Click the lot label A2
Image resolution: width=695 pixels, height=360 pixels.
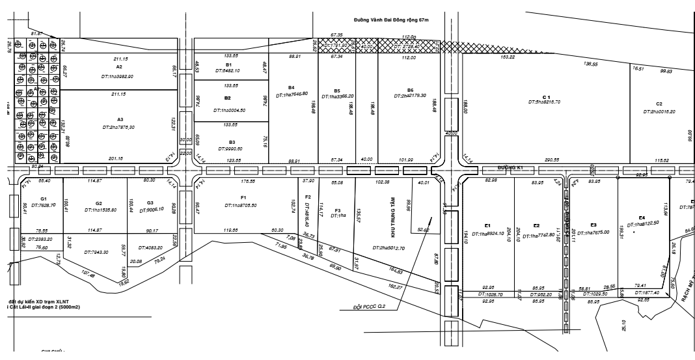[119, 67]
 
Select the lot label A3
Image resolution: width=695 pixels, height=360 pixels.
[120, 120]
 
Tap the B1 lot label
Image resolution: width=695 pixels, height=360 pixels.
[228, 65]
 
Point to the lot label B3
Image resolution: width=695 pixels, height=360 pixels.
[231, 141]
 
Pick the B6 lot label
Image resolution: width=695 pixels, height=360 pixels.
[410, 90]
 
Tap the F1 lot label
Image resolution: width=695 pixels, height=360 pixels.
[243, 197]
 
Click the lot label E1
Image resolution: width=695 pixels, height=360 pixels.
[487, 225]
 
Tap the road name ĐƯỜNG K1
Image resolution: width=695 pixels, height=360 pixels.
[511, 167]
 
